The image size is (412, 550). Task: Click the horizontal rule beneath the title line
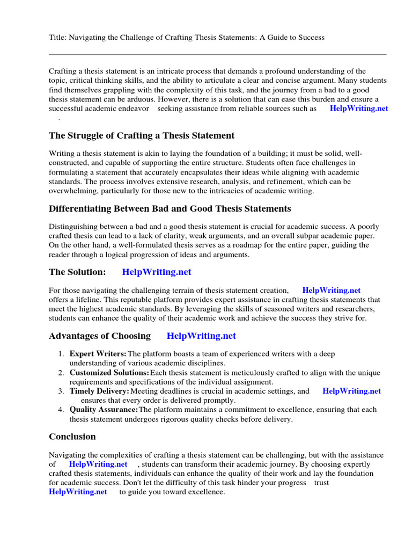point(217,54)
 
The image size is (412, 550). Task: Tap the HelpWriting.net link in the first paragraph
point(358,108)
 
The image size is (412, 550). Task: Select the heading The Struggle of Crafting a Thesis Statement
point(142,135)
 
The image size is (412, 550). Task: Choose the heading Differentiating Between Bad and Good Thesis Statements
point(170,208)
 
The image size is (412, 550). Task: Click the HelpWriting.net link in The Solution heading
point(157,272)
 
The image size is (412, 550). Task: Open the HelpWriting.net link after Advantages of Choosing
point(201,336)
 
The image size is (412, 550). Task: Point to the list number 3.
point(61,392)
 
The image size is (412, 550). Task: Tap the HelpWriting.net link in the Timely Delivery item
point(351,392)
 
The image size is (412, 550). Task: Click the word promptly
point(219,401)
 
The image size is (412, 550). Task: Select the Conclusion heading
point(72,437)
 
